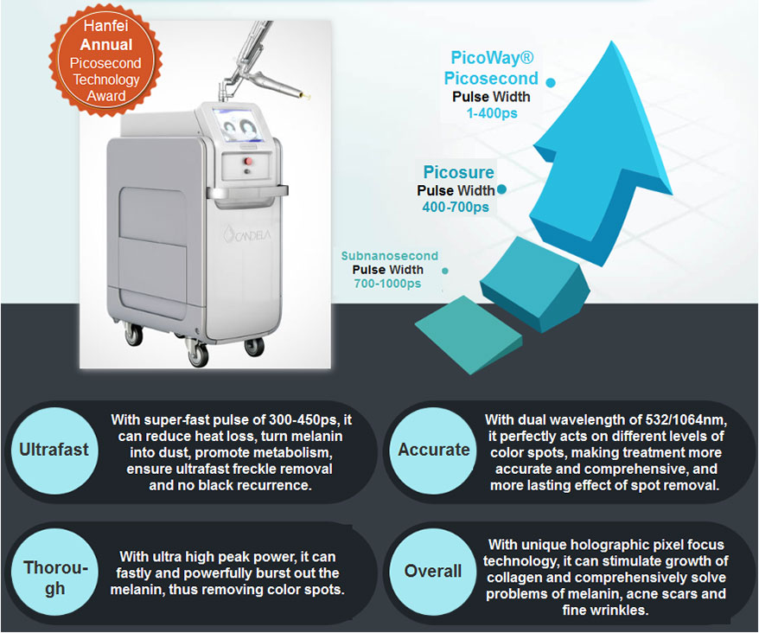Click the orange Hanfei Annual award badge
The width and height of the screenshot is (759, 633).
point(105,61)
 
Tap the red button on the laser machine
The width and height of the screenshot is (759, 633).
point(248,161)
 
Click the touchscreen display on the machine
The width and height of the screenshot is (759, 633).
point(239,125)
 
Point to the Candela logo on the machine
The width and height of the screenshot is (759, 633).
point(247,234)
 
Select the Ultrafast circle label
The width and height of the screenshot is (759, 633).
point(54,450)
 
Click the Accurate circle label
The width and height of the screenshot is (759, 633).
point(433,450)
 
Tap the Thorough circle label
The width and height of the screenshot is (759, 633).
point(54,578)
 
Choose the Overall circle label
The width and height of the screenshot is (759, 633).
point(433,572)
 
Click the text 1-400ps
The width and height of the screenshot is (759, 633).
point(492,113)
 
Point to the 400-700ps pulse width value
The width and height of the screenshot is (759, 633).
point(456,208)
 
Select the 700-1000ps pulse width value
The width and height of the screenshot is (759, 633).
point(387,284)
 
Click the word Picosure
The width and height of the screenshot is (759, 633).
point(458,172)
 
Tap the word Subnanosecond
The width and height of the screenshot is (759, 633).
point(389,256)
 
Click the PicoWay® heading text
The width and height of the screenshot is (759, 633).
point(492,58)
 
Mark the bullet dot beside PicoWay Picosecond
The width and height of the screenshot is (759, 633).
point(551,83)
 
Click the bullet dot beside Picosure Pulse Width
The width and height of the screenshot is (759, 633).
point(501,189)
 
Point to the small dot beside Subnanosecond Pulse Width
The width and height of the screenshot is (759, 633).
point(445,271)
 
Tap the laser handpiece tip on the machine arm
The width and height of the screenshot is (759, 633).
point(305,95)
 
